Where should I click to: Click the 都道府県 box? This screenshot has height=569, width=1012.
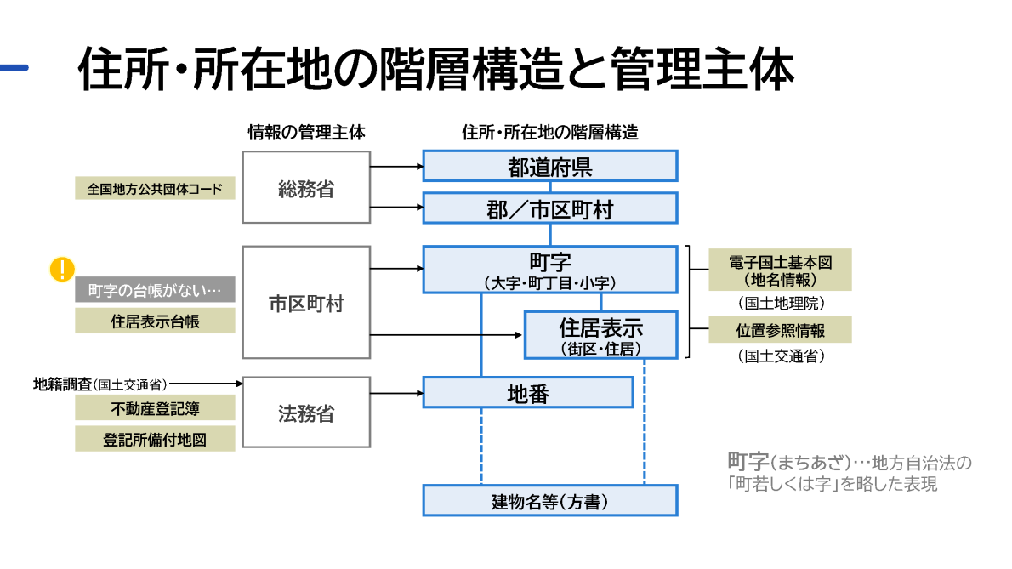coord(549,166)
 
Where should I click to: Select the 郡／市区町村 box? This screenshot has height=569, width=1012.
coord(549,208)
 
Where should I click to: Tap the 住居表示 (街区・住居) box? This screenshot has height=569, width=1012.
coord(600,335)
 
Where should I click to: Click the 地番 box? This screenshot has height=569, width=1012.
coord(527,393)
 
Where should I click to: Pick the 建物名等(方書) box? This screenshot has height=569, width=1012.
coord(549,501)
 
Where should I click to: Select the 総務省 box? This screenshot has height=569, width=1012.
coord(306,188)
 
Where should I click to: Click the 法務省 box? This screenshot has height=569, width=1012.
coord(306,413)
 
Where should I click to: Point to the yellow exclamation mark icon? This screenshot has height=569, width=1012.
coord(62,270)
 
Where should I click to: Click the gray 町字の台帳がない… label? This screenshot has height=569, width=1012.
coord(155,290)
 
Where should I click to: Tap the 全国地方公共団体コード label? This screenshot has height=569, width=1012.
coord(155,188)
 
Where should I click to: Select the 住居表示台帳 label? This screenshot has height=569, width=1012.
coord(155,321)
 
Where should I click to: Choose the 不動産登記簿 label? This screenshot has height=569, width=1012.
coord(155,408)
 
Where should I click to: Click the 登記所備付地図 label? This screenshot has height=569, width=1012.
coord(155,439)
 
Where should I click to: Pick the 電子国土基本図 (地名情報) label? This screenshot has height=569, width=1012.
coord(780,270)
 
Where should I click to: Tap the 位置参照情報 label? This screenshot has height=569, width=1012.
coord(780,329)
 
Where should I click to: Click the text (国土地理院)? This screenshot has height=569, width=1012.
coord(780,302)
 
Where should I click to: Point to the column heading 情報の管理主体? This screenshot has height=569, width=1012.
coord(306,133)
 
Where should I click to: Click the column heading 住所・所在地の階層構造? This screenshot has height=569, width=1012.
coord(549,133)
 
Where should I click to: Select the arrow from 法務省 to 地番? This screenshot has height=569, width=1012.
coord(396,393)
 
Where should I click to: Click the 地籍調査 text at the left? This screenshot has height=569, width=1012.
coord(62,384)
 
